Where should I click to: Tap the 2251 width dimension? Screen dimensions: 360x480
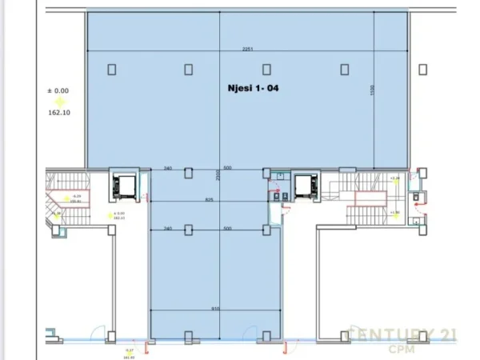[x=248, y=49]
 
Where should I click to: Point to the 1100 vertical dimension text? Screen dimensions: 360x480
[x=372, y=92]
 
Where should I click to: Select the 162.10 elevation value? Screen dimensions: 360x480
[x=58, y=113]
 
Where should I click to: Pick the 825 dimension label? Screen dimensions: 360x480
[x=209, y=199]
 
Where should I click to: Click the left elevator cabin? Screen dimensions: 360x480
[x=125, y=186]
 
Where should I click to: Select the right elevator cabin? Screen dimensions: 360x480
[x=303, y=186]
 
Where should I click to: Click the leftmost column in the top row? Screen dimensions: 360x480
[x=112, y=69]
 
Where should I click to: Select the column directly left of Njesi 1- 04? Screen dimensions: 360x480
[x=189, y=69]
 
